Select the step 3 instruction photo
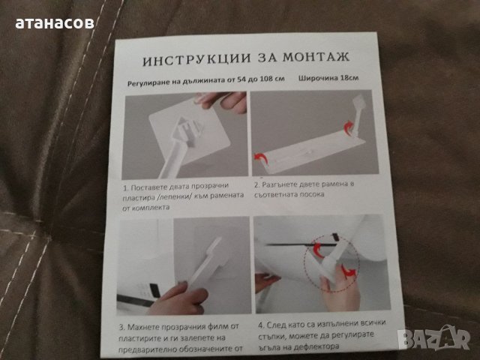tap(184, 265)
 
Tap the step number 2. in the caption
tap(256, 183)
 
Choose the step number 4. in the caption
tap(259, 326)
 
